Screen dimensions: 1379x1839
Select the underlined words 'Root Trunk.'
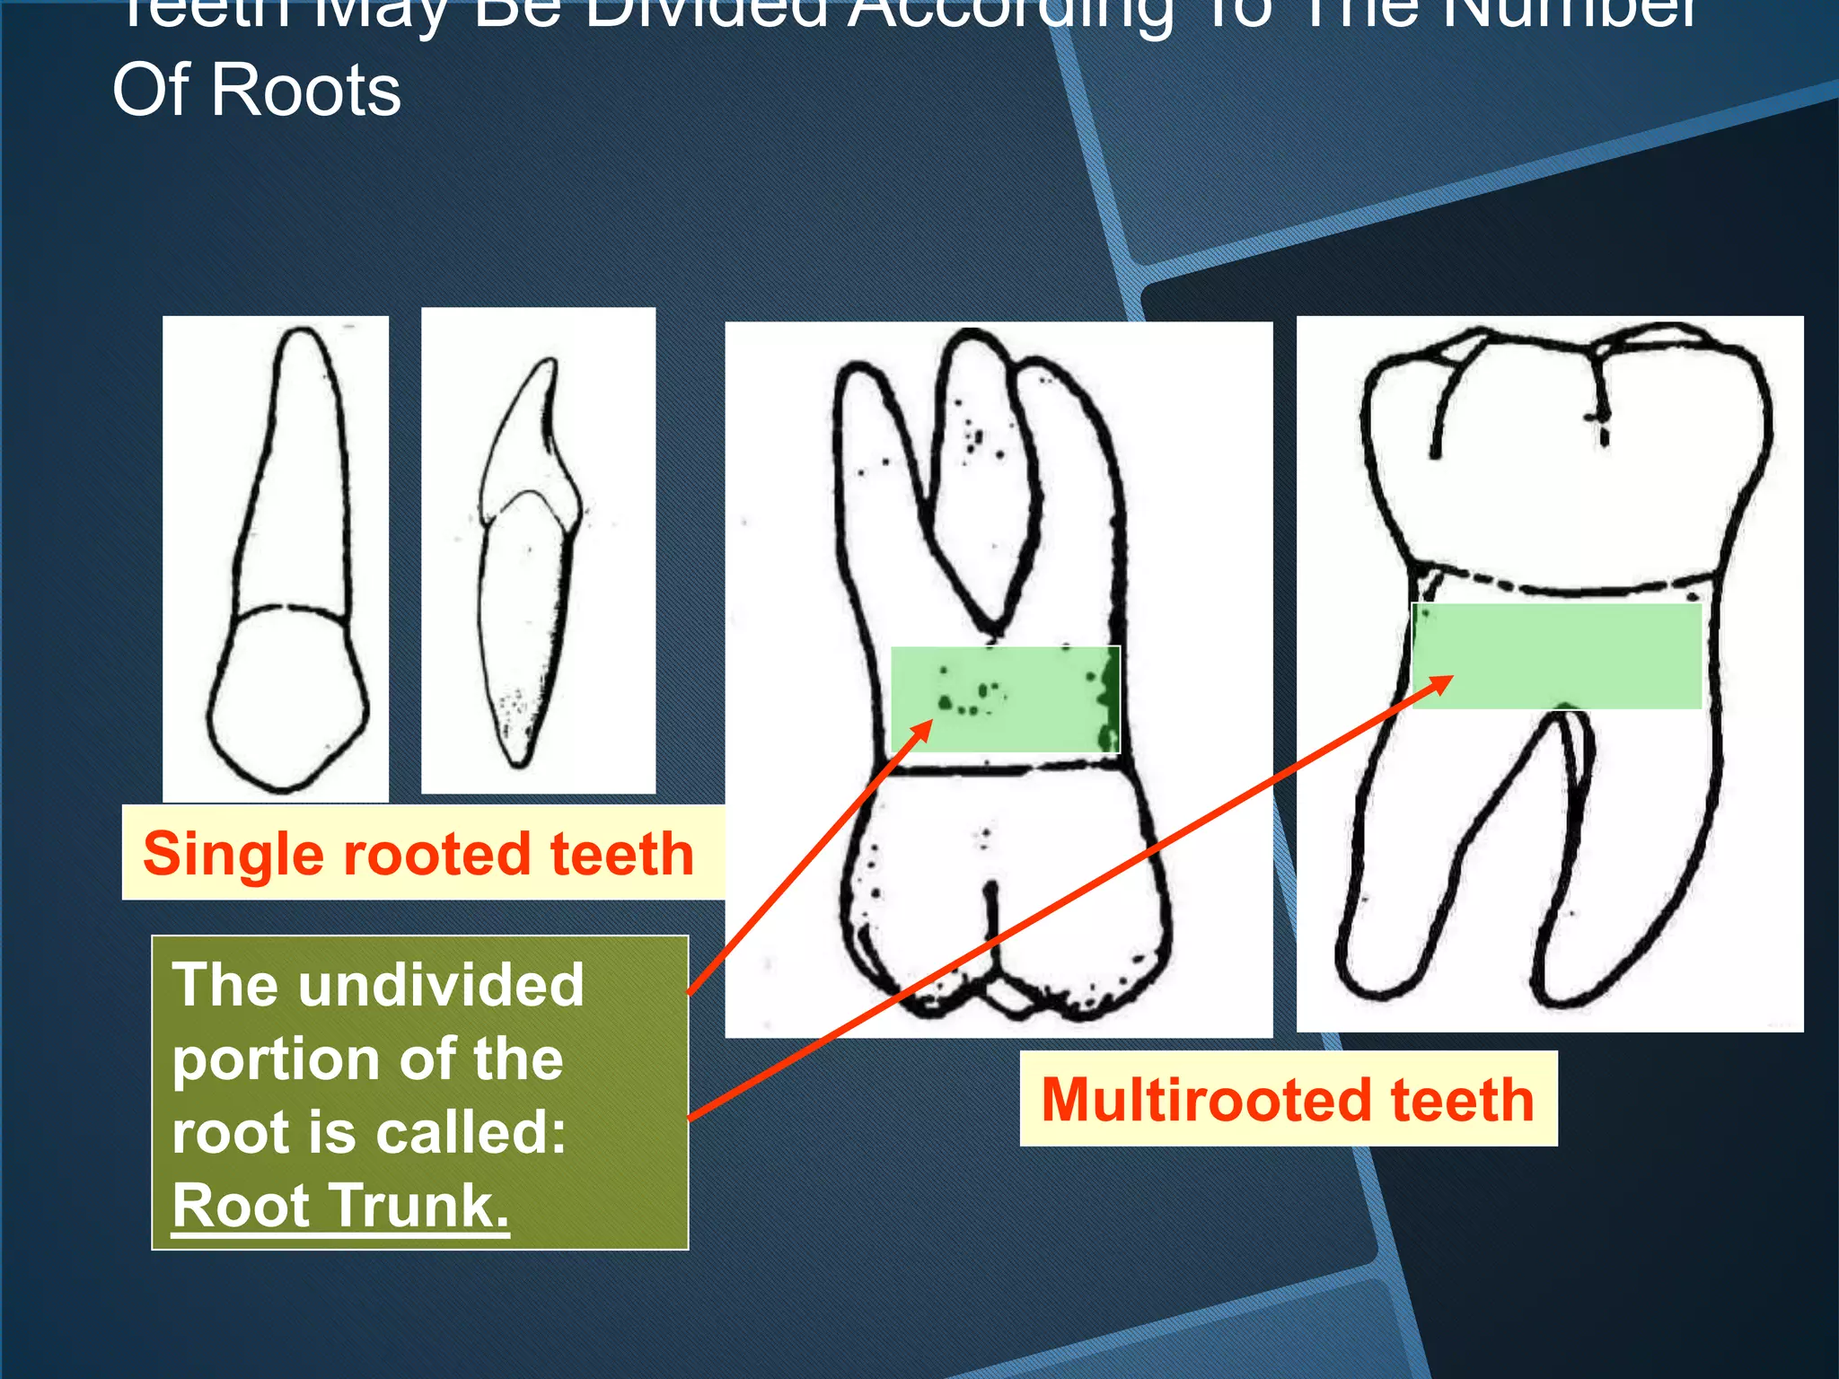340,1206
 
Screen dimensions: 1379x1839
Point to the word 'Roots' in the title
305,91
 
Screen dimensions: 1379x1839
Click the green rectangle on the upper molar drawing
1005,699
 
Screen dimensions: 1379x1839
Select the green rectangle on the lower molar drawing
1556,655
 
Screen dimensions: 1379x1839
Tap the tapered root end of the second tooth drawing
518,754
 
